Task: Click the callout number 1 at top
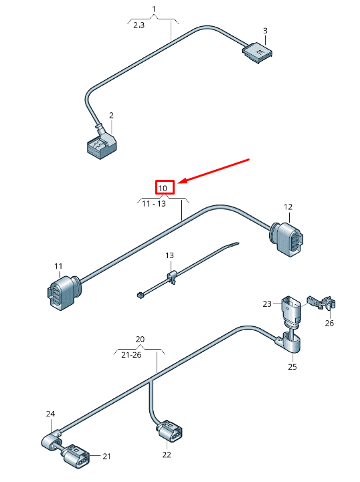coord(153,9)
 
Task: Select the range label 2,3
coord(139,25)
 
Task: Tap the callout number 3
coord(265,31)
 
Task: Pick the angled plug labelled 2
coord(100,145)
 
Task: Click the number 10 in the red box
coord(164,187)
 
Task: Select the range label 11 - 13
coord(153,203)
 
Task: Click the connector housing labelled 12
coord(290,240)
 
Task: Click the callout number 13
coord(169,255)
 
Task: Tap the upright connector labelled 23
coord(290,310)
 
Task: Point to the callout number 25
coord(292,366)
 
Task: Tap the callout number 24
coord(50,414)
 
